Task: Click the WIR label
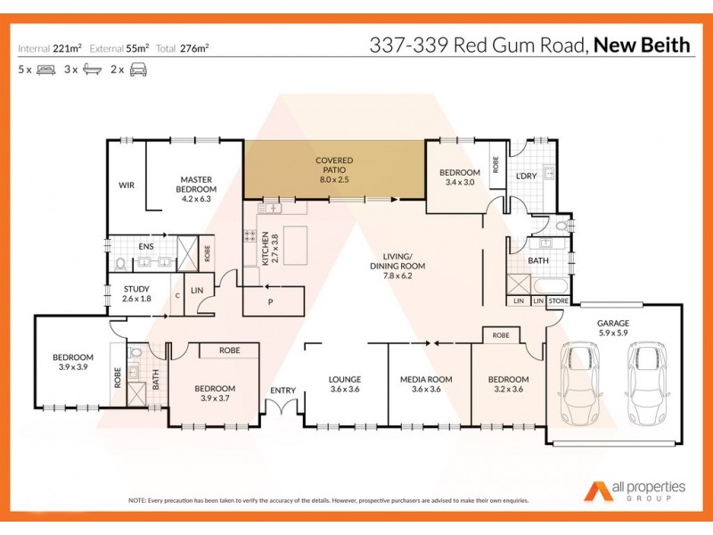pos(127,185)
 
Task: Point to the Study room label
pos(136,293)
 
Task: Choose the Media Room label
pos(426,384)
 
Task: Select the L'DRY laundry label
pos(526,176)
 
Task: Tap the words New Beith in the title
pos(643,45)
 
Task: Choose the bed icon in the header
pos(45,69)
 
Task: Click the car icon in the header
pos(138,69)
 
